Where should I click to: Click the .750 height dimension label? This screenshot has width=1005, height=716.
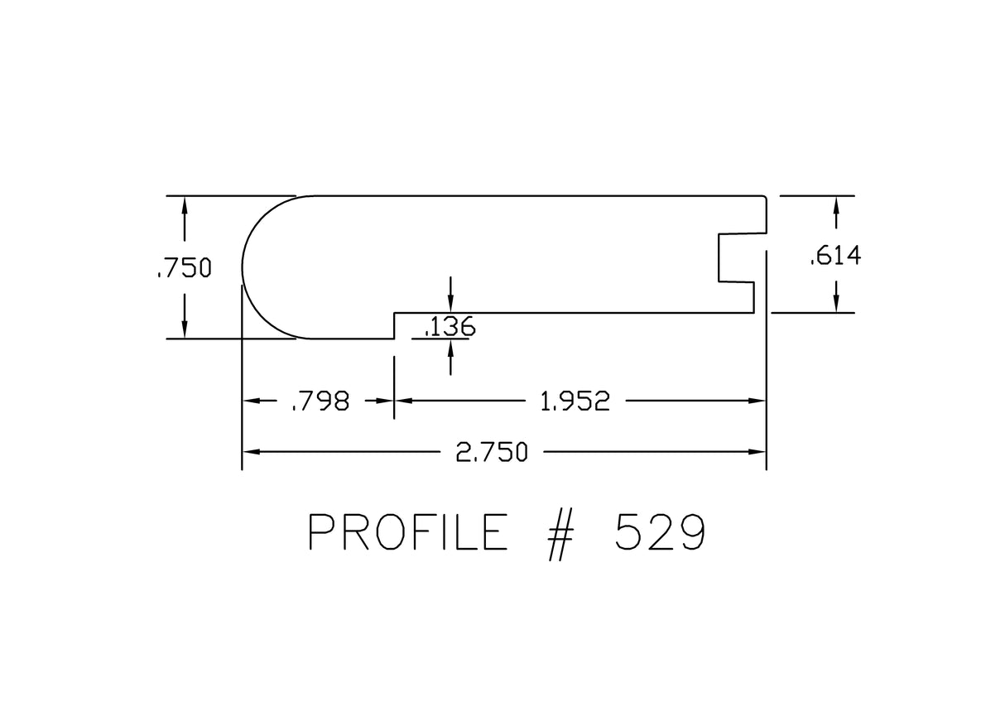coord(184,268)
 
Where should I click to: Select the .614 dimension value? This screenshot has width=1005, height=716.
coord(835,257)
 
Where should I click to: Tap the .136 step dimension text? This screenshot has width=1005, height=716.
coord(450,328)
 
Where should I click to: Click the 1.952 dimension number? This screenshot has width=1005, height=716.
coord(575,401)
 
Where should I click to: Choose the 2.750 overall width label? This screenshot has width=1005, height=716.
coord(492,452)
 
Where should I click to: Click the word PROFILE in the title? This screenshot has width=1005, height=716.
coord(407,532)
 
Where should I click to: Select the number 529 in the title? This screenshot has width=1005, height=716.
coord(660,532)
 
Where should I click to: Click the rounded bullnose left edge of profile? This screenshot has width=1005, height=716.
coord(245,267)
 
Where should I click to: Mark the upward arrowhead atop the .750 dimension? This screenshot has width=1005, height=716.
coord(184,204)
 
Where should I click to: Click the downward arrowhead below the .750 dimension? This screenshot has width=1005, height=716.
coord(184,330)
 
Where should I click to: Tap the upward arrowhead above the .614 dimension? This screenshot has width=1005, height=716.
coord(836,204)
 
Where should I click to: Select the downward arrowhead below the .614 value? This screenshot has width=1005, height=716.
coord(836,304)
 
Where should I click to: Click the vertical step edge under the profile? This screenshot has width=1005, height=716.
coord(394,325)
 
